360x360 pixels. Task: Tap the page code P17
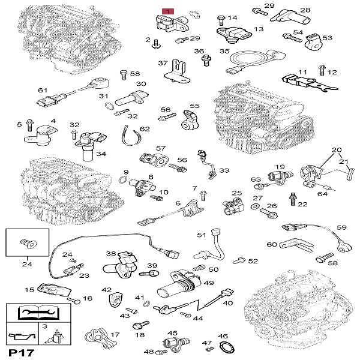coord(19,351)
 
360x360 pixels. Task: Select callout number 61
coord(42,90)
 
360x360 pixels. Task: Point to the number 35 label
coord(224,52)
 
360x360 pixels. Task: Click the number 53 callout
coord(327,37)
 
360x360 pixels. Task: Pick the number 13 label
coord(259,29)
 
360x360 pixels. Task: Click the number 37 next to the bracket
coord(162,63)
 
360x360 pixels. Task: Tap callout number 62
coord(145,129)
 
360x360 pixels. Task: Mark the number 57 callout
coord(161,148)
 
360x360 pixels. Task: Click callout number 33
coord(224,171)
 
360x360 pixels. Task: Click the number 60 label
coord(271,244)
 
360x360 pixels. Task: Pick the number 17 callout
coord(115,335)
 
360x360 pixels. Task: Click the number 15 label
coord(29,290)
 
